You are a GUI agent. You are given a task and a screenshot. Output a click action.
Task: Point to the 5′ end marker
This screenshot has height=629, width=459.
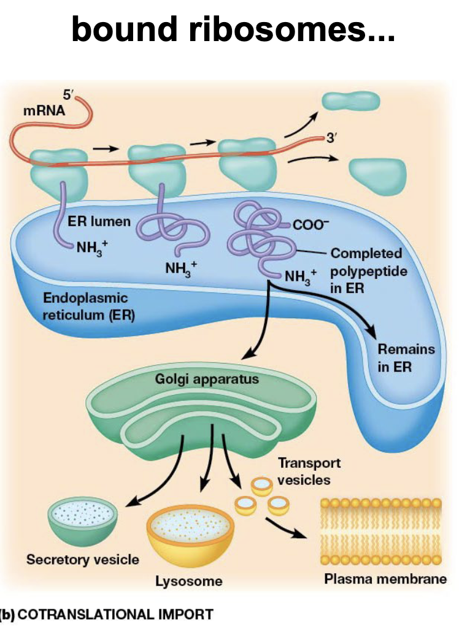coord(67,94)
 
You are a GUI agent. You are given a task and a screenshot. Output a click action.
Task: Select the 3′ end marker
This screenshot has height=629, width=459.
coord(331,139)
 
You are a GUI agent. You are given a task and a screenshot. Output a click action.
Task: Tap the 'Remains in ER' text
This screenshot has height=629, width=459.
coord(406,359)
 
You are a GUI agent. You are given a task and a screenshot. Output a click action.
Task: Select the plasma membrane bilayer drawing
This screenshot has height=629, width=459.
coord(380,532)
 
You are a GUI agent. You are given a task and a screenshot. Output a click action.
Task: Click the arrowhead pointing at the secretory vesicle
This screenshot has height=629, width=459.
coord(131,501)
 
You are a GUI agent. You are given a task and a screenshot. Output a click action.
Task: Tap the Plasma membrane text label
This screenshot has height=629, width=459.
coord(385,578)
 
